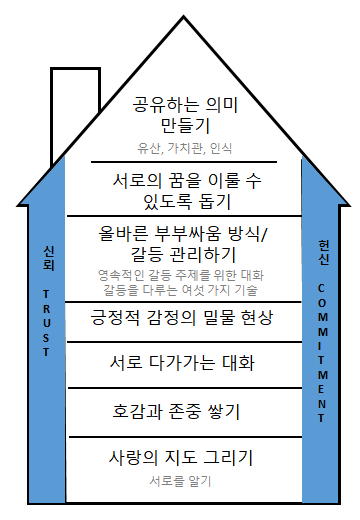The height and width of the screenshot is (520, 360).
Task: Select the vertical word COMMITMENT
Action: click(322, 341)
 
